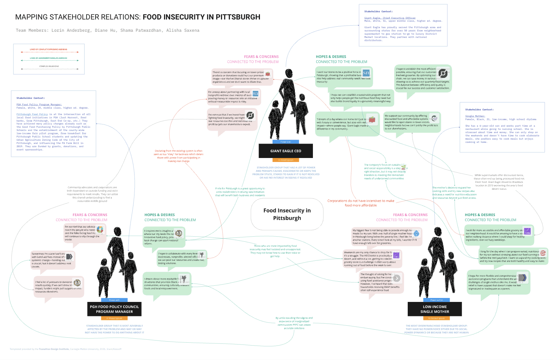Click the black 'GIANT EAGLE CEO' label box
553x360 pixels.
[286, 151]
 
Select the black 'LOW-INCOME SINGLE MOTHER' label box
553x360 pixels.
[435, 309]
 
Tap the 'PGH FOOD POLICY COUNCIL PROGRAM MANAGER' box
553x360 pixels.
[114, 309]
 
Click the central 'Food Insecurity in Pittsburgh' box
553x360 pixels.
[287, 214]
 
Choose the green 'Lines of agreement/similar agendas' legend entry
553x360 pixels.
[49, 60]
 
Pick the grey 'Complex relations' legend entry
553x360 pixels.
[49, 68]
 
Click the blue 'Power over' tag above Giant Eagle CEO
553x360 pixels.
[286, 142]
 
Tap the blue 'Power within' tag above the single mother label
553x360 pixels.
[436, 300]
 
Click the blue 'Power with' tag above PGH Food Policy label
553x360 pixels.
[114, 300]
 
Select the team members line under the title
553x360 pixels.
[107, 30]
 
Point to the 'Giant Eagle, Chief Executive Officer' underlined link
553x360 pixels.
[390, 18]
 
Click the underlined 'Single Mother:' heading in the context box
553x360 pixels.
[475, 116]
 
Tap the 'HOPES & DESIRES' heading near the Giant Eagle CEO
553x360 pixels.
[331, 57]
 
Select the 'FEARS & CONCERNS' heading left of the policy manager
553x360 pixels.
[90, 215]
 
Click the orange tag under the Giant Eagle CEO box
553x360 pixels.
[286, 160]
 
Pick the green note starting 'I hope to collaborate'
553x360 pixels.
[182, 258]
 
